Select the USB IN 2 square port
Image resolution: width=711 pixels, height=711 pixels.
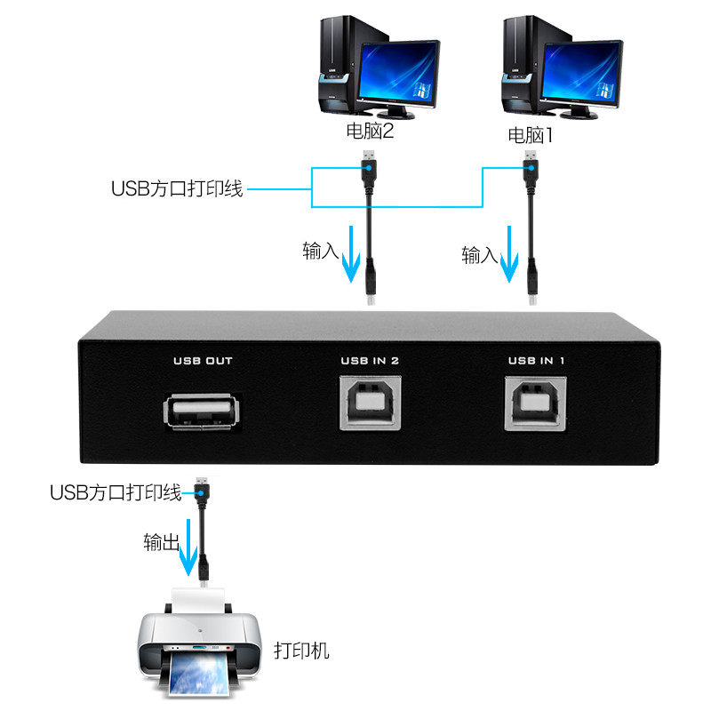pos(371,402)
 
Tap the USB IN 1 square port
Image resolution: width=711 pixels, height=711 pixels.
pos(537,402)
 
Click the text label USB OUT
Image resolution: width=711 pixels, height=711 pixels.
pos(202,361)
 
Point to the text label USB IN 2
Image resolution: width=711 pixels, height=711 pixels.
pos(371,361)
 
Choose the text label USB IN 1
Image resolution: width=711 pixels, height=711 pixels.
pos(537,361)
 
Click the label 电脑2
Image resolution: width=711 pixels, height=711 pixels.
pos(369,134)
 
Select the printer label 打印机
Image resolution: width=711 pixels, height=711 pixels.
pos(301,651)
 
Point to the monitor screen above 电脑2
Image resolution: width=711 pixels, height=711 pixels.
pos(400,73)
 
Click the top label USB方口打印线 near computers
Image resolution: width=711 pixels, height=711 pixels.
pos(177,188)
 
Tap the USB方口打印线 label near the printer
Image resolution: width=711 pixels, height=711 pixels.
pos(116,491)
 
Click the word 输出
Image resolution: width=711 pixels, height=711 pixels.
pos(162,542)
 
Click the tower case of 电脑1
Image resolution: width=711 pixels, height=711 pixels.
pos(520,67)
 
